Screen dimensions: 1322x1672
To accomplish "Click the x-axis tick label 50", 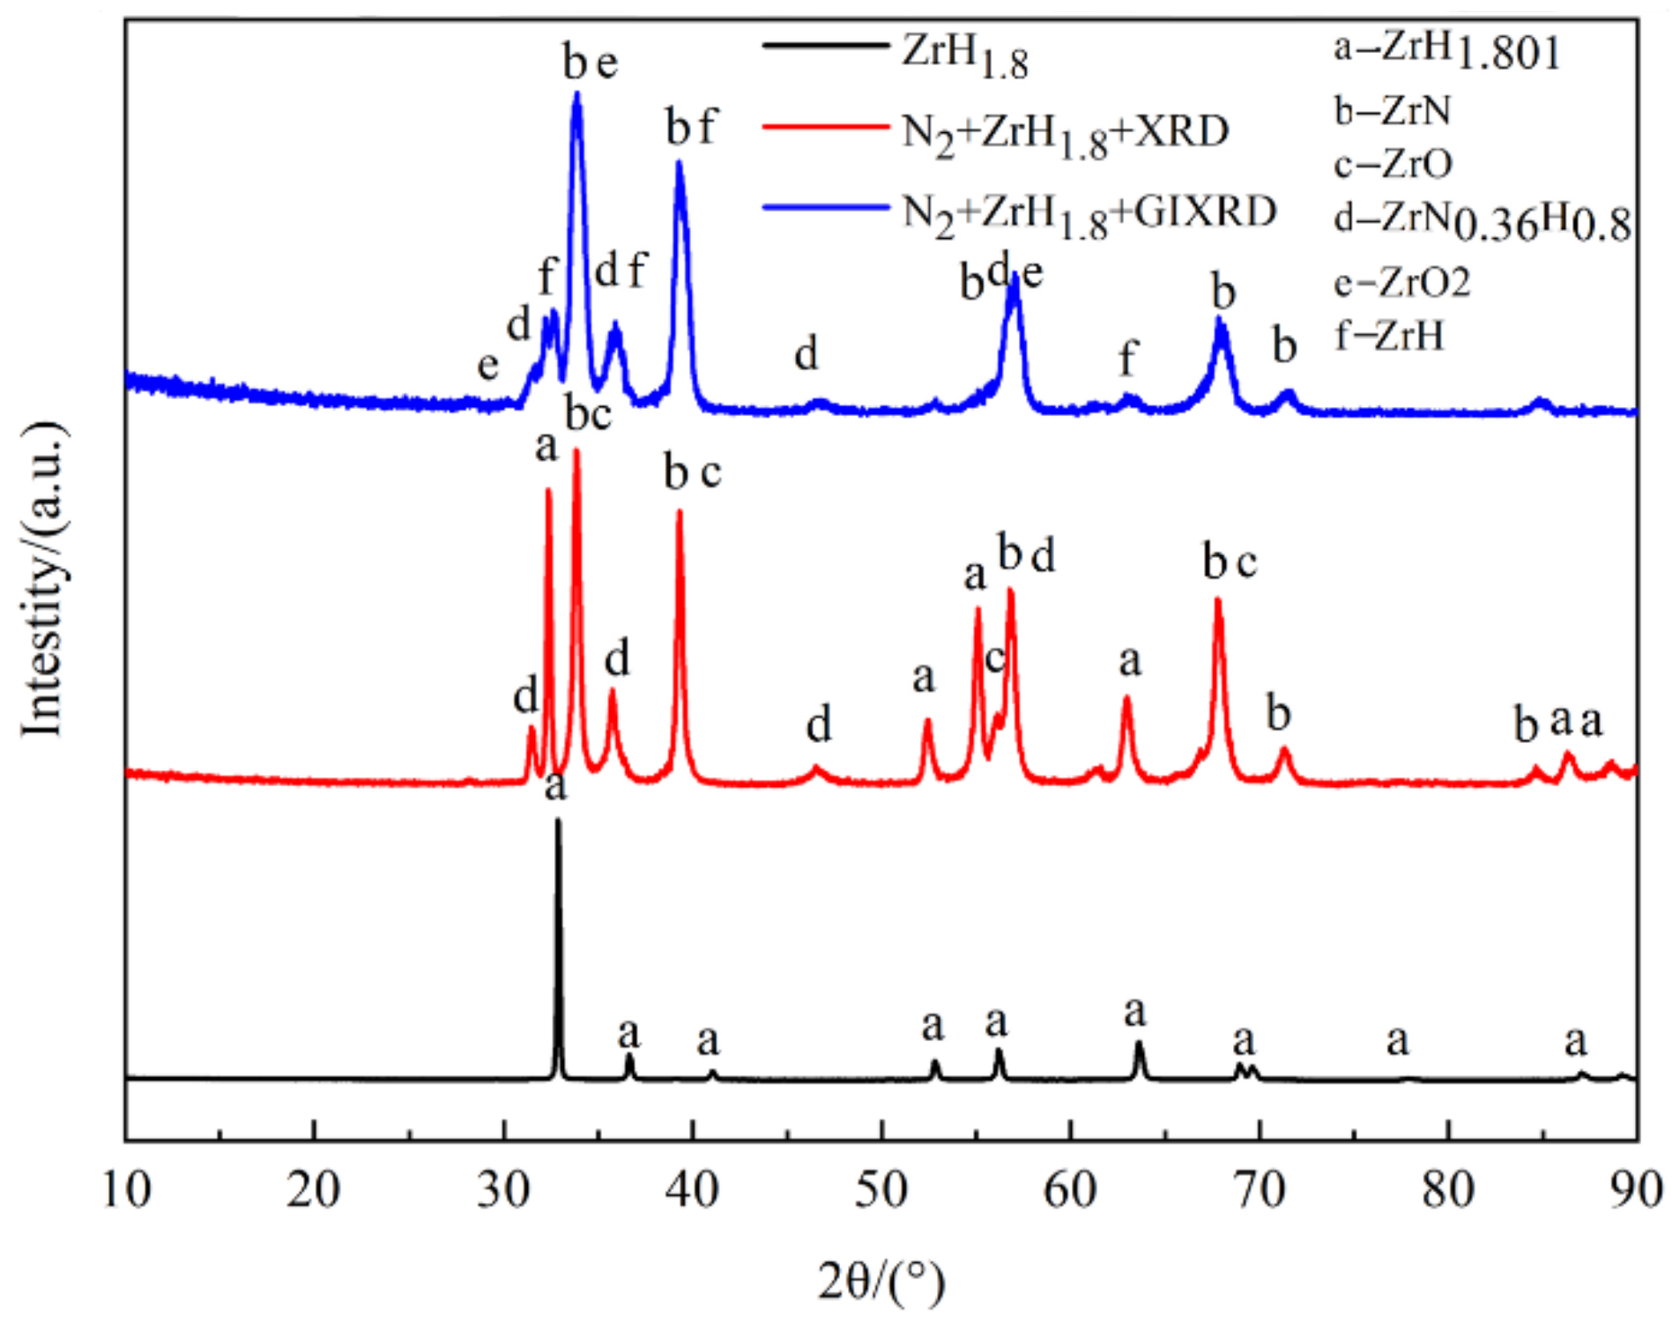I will pyautogui.click(x=881, y=1191).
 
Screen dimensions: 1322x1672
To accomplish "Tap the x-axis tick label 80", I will pyautogui.click(x=1448, y=1191).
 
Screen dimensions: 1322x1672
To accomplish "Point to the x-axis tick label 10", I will pyautogui.click(x=126, y=1191).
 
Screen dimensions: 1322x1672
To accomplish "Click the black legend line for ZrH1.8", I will pyautogui.click(x=825, y=46).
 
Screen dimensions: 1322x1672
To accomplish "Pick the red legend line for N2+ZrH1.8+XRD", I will pyautogui.click(x=825, y=128).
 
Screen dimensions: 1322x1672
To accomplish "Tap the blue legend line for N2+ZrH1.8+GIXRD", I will pyautogui.click(x=825, y=208).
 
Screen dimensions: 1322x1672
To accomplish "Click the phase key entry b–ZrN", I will pyautogui.click(x=1392, y=111).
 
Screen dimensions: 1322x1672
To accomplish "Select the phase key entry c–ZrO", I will pyautogui.click(x=1393, y=164).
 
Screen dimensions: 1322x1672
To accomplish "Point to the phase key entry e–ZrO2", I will pyautogui.click(x=1401, y=283).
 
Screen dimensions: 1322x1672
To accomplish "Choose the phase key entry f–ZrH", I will pyautogui.click(x=1389, y=336).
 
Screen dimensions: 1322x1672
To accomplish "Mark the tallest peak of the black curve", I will pyautogui.click(x=558, y=821).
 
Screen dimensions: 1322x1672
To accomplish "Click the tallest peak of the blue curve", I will pyautogui.click(x=577, y=93).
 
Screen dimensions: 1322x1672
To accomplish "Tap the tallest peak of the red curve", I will pyautogui.click(x=577, y=451).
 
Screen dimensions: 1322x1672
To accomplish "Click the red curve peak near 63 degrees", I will pyautogui.click(x=1126, y=698).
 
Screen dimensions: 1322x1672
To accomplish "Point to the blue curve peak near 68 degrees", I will pyautogui.click(x=1222, y=319).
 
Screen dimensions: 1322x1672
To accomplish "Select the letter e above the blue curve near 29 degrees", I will pyautogui.click(x=487, y=365).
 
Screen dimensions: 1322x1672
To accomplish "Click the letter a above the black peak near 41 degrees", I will pyautogui.click(x=708, y=1041).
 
